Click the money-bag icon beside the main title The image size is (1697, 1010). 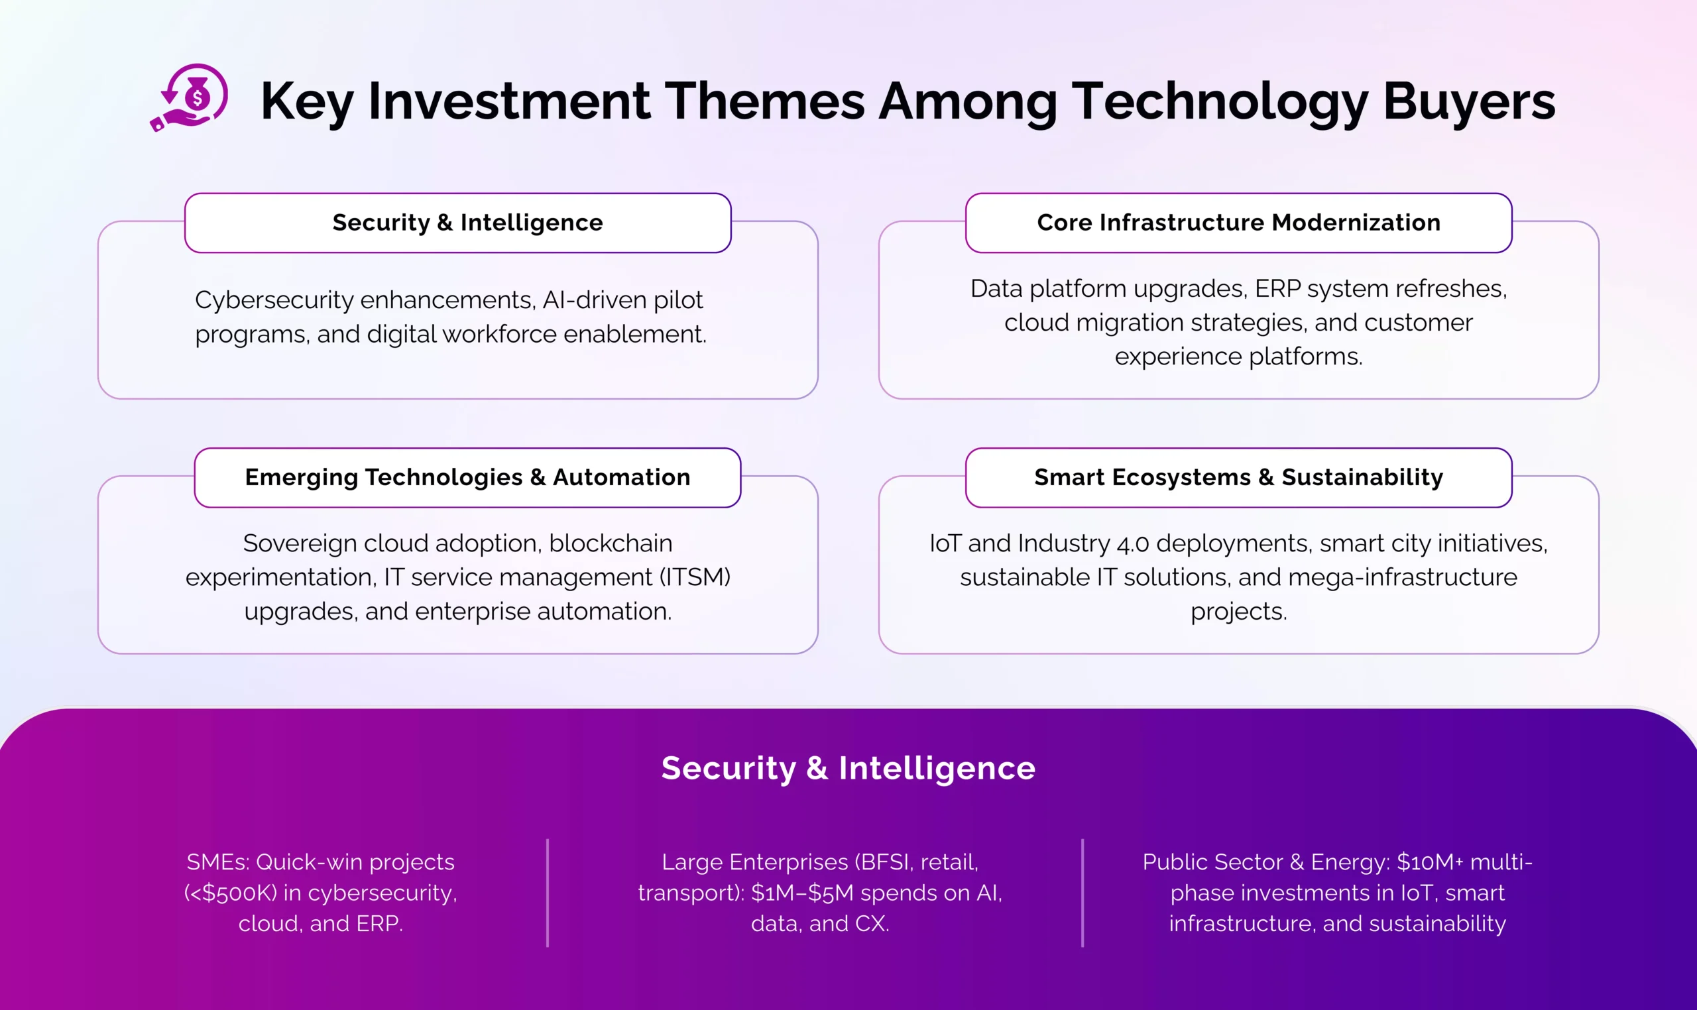coord(189,97)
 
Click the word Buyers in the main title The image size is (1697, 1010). coord(1469,101)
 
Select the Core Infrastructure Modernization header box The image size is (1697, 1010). coord(1238,223)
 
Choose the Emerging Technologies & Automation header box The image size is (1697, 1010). coord(467,477)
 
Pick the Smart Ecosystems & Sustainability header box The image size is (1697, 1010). coord(1238,477)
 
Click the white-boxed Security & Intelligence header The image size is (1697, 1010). coord(457,223)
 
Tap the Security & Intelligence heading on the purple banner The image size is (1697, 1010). coord(848,767)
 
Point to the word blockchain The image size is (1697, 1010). coord(611,543)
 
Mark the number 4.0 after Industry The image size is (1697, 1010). coord(1133,544)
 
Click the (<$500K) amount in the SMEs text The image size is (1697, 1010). coord(231,893)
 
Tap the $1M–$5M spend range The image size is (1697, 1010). coord(803,893)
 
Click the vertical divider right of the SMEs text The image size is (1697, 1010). coord(548,893)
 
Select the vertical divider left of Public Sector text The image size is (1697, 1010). coord(1083,893)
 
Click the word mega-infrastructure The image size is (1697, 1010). coord(1402,577)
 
